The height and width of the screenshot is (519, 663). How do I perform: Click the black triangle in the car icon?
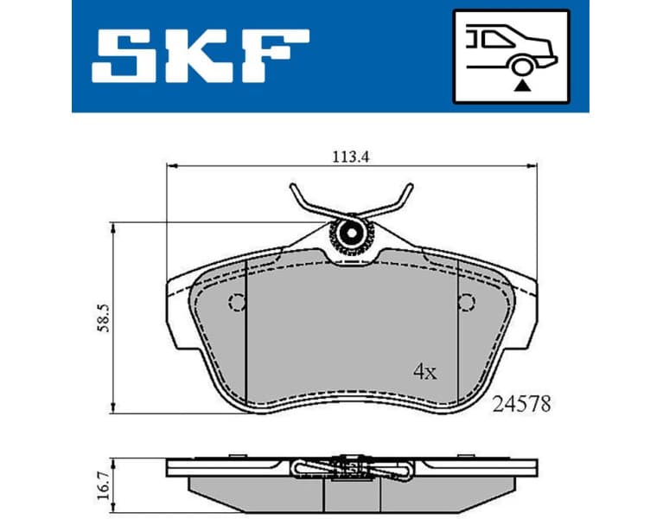coord(520,85)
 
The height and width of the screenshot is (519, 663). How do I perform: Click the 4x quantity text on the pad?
coord(425,373)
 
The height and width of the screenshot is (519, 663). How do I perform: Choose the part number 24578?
coord(521,403)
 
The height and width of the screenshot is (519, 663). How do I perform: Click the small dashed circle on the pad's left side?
coord(236,302)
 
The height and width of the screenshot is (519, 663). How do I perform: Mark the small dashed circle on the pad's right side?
coord(467,302)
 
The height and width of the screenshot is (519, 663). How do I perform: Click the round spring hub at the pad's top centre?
coord(352,233)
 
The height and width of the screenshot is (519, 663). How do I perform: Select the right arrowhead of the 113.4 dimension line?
coord(532,165)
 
